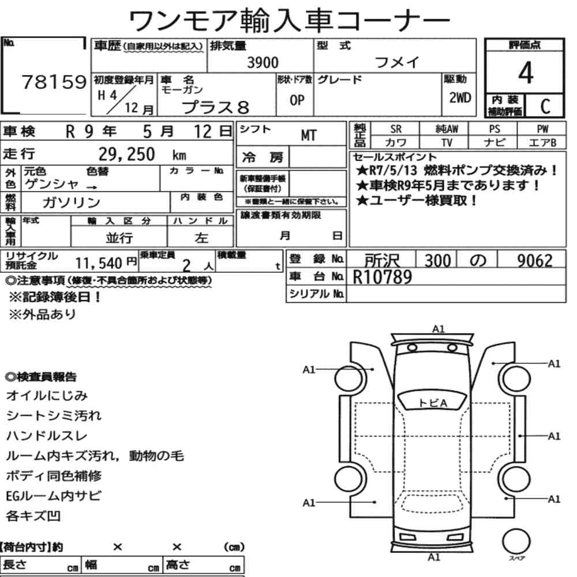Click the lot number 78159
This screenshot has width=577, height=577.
point(54,82)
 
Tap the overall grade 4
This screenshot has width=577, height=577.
point(525,73)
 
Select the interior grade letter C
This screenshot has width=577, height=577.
point(545,106)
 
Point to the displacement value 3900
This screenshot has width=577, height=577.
point(263,62)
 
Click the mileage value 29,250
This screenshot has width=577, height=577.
point(126,154)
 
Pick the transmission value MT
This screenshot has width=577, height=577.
point(308,135)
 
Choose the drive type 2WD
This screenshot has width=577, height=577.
point(460,98)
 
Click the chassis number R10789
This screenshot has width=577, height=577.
point(382,277)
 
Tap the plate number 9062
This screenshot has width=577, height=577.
point(535,261)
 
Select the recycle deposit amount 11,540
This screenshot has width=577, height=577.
point(99,263)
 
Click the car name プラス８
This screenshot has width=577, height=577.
point(215,107)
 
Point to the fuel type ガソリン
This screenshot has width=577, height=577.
point(71,202)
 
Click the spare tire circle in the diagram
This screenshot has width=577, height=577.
point(515,542)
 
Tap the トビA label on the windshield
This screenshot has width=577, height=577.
point(433,403)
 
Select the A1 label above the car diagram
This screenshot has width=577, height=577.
point(438,329)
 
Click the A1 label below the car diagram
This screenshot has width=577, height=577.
point(434,557)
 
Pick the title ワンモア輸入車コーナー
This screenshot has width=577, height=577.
point(289,20)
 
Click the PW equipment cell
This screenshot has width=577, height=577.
point(542,129)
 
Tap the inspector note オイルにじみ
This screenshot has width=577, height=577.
point(47,396)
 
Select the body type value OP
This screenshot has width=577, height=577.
point(297,100)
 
